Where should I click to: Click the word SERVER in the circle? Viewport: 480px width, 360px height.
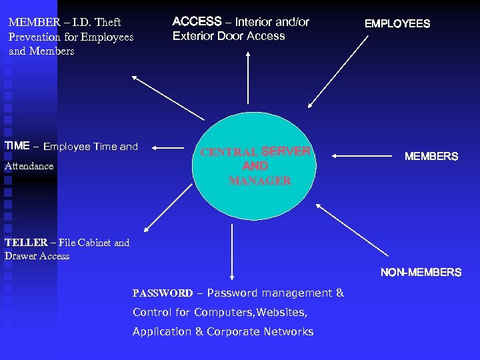286,151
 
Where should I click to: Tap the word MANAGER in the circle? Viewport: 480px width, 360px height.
259,181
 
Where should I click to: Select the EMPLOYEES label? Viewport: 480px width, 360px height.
397,24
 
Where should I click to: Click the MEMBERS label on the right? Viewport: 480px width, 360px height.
431,157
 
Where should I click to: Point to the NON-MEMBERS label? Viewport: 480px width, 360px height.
421,272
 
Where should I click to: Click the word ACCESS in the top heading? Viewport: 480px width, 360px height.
197,22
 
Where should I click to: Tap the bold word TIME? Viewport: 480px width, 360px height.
17,146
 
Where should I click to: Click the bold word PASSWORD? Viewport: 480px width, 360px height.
163,293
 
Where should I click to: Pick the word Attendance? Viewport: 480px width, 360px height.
29,166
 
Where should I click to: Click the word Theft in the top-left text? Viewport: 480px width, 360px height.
107,23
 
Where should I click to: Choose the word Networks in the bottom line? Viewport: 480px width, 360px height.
288,331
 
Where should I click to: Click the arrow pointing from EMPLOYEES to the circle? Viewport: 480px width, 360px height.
337,71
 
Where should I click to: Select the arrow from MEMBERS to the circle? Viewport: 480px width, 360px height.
364,156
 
